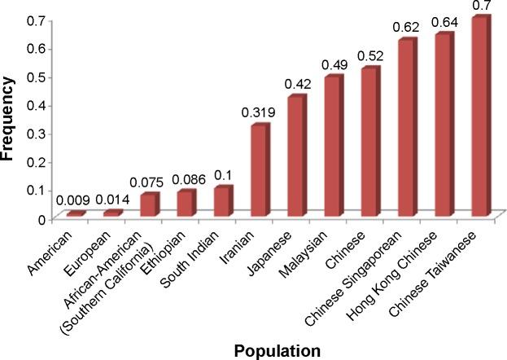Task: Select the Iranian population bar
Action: click(259, 171)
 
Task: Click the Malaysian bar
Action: click(333, 147)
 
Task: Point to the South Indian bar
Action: click(222, 201)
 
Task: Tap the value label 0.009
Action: click(72, 200)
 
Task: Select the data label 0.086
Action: click(184, 179)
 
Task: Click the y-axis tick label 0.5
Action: click(37, 77)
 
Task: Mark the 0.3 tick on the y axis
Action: click(37, 134)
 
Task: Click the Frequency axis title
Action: click(10, 117)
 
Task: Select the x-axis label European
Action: click(100, 249)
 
